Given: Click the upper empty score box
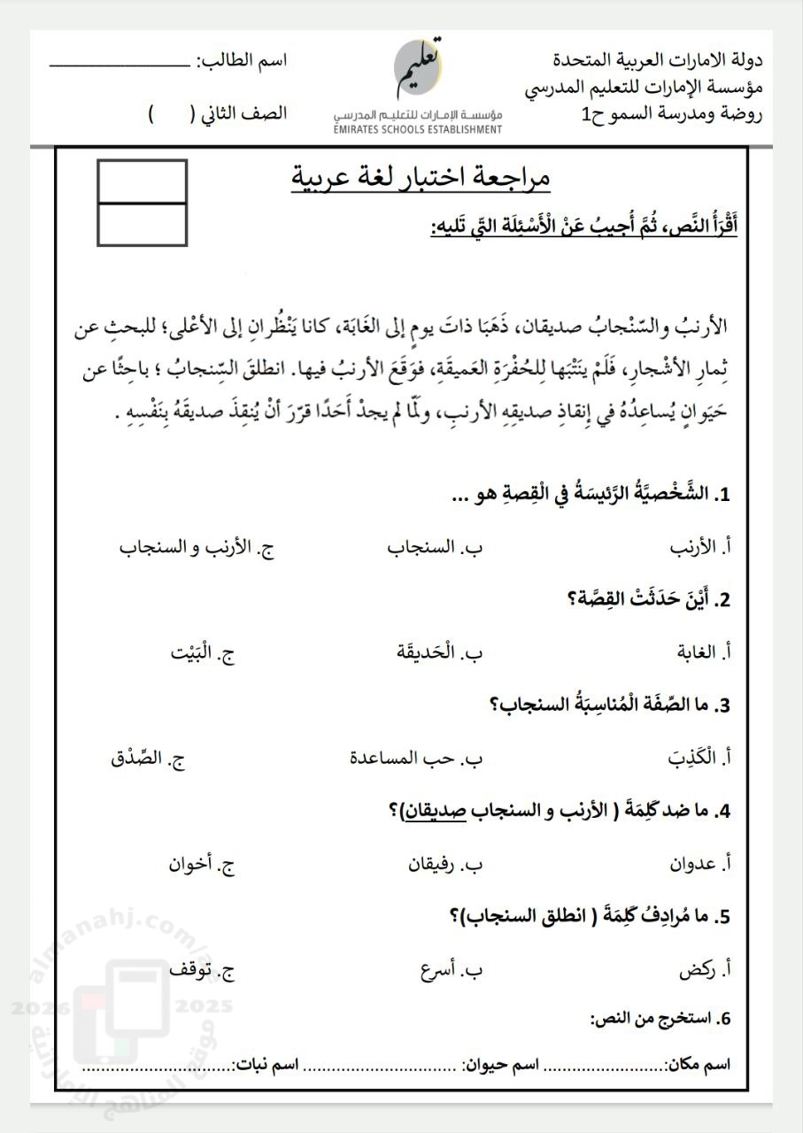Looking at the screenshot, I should click(x=142, y=181).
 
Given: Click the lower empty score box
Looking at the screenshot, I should click(x=142, y=224).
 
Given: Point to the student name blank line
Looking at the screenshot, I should click(x=119, y=64).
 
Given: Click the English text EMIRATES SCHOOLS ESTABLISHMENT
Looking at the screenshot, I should click(x=418, y=129).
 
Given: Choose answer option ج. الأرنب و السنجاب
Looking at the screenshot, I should click(x=197, y=547).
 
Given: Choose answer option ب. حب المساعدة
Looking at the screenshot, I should click(x=416, y=758).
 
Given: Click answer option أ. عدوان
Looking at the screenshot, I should click(x=700, y=863).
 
